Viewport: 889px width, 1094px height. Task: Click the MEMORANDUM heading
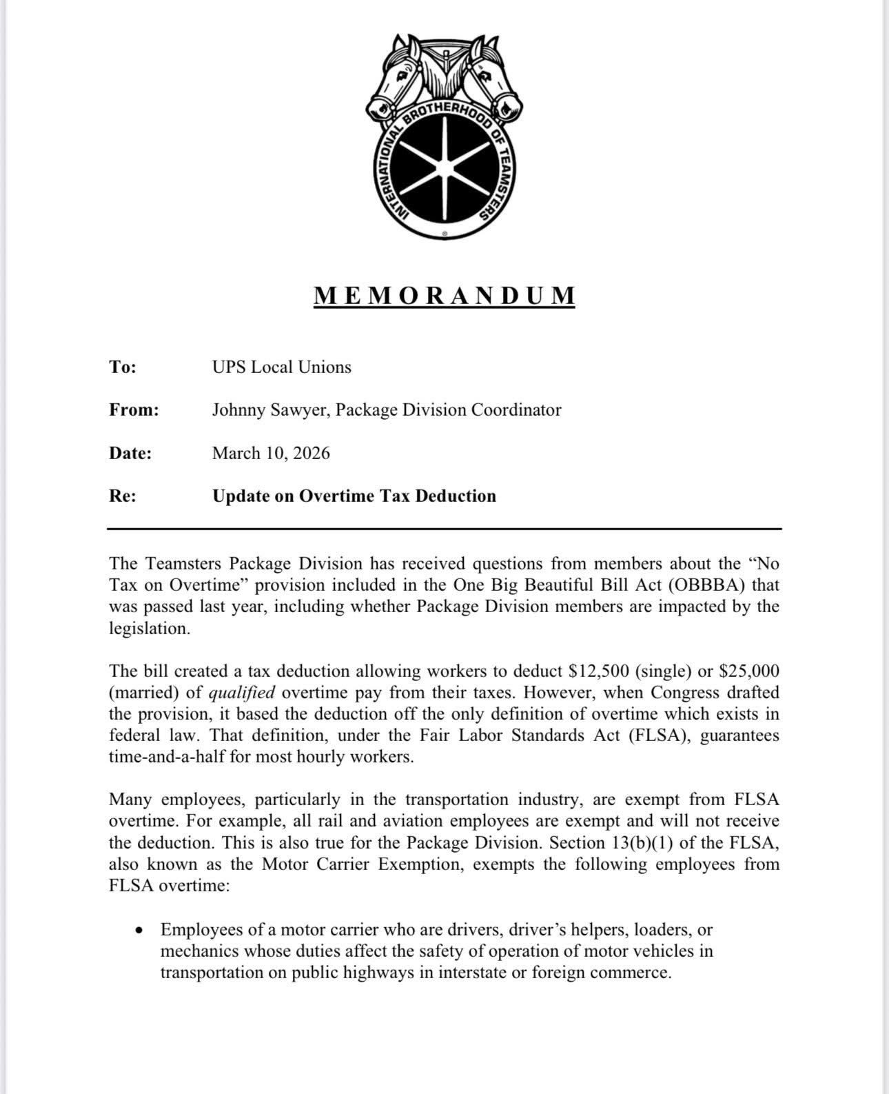click(444, 295)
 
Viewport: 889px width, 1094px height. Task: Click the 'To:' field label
click(123, 367)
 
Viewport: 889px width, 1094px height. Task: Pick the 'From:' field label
click(134, 410)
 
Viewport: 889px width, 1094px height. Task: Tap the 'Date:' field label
click(130, 454)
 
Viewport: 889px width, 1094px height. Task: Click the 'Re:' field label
click(123, 496)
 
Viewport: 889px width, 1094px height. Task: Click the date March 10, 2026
click(271, 454)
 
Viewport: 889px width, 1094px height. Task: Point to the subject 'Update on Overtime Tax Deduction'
click(354, 496)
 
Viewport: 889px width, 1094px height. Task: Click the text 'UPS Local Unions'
click(281, 367)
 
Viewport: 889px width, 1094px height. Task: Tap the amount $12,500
click(595, 671)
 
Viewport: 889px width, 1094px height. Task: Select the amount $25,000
click(749, 671)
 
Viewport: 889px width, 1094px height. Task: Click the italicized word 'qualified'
click(241, 693)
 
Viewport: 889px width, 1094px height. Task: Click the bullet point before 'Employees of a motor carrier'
click(141, 930)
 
